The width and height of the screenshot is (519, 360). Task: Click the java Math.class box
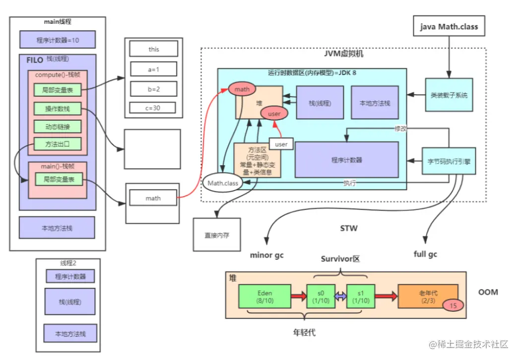(449, 26)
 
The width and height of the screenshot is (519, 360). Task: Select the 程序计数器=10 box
(58, 40)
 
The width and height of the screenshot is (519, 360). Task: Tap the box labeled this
(154, 49)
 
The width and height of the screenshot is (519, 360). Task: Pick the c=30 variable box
(154, 107)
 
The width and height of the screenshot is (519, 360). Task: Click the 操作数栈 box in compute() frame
(58, 109)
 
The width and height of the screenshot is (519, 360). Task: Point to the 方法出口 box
(58, 144)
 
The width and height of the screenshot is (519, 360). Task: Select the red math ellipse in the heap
(242, 89)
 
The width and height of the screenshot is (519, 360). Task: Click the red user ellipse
(274, 113)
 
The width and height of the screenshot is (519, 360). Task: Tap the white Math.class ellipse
(223, 183)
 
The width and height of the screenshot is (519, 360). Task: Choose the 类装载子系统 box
(449, 95)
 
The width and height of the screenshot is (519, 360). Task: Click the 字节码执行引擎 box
(449, 161)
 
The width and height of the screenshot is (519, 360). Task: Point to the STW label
(348, 229)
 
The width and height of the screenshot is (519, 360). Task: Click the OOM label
(488, 292)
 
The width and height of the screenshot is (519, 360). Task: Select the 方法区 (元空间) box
(257, 160)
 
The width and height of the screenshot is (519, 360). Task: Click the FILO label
(35, 61)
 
